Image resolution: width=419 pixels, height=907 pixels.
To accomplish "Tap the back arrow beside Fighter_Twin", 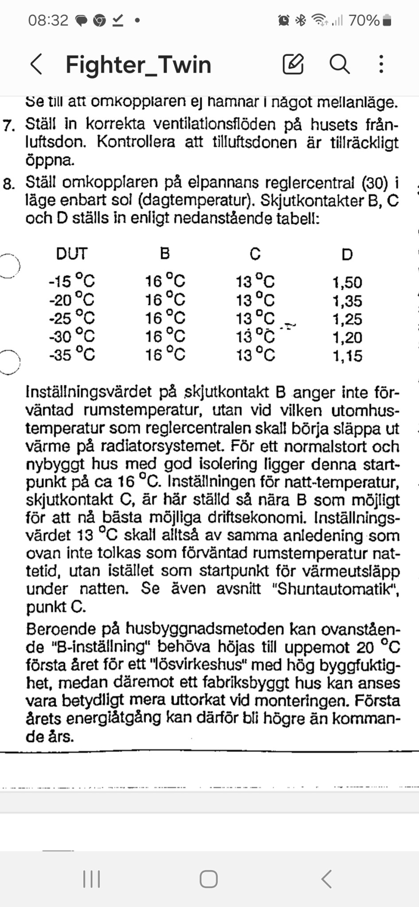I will (36, 65).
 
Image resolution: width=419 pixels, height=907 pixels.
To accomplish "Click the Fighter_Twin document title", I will (138, 65).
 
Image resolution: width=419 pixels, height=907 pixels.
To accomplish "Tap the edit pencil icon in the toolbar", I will (293, 64).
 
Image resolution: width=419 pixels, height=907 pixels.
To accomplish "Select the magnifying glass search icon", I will (340, 64).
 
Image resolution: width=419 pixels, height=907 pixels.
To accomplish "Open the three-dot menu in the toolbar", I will (381, 64).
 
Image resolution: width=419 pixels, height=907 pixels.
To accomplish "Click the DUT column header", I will (72, 254).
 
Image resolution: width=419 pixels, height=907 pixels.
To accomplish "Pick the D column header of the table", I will (347, 254).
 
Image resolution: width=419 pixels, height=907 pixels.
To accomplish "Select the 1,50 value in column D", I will (347, 282).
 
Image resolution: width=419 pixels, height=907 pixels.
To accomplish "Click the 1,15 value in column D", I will (347, 356).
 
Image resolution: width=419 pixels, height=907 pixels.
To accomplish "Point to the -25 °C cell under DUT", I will (72, 318).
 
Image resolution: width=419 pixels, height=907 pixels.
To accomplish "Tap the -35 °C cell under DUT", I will (72, 355).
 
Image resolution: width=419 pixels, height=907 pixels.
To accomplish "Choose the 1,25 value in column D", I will (347, 319).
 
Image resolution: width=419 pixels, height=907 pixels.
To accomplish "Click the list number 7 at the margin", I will (8, 126).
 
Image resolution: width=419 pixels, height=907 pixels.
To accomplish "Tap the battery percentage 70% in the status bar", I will (364, 20).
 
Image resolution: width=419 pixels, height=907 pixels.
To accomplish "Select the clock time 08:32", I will (48, 20).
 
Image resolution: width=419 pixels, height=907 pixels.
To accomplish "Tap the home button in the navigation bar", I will (208, 879).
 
